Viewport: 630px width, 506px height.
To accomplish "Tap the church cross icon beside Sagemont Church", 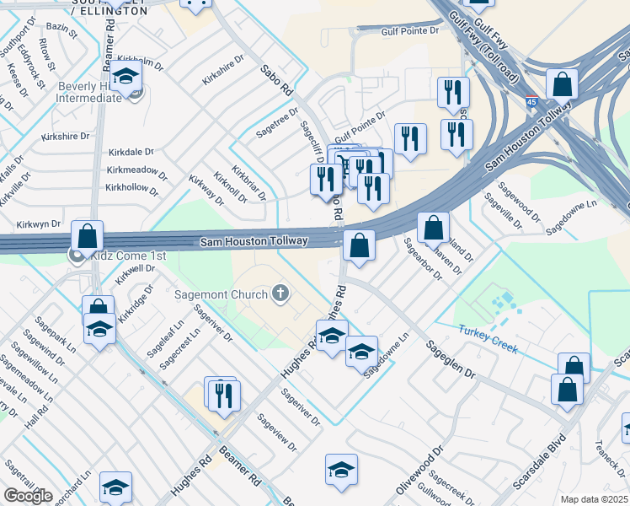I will (x=280, y=294).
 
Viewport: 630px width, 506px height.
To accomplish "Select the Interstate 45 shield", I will (x=531, y=102).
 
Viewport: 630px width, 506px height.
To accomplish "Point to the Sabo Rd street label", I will (x=275, y=79).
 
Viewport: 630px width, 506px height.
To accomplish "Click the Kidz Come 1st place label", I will (x=131, y=256).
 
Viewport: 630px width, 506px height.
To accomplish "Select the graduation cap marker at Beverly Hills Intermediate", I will (x=126, y=78).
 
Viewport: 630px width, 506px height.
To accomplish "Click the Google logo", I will (x=28, y=496).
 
